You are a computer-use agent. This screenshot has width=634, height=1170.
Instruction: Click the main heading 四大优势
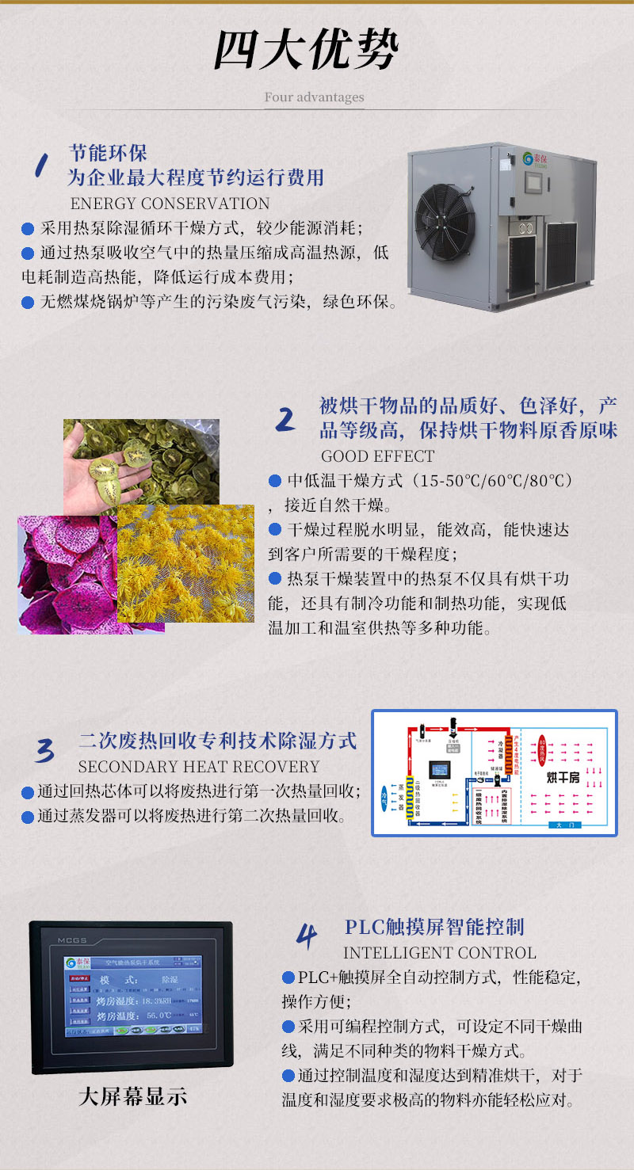click(306, 51)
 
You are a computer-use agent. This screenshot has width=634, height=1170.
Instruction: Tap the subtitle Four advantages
click(314, 97)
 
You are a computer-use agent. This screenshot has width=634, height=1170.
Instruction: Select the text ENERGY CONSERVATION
click(170, 204)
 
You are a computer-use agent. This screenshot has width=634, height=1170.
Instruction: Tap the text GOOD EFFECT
click(377, 456)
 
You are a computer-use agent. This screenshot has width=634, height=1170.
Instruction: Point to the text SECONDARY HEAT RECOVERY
click(198, 767)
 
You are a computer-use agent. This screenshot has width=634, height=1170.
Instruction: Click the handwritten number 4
click(307, 936)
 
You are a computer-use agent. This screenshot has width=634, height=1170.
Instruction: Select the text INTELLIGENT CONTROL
click(439, 952)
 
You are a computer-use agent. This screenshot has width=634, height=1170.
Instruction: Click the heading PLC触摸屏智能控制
click(434, 927)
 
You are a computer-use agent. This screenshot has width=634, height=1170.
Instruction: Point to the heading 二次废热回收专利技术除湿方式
click(218, 741)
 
